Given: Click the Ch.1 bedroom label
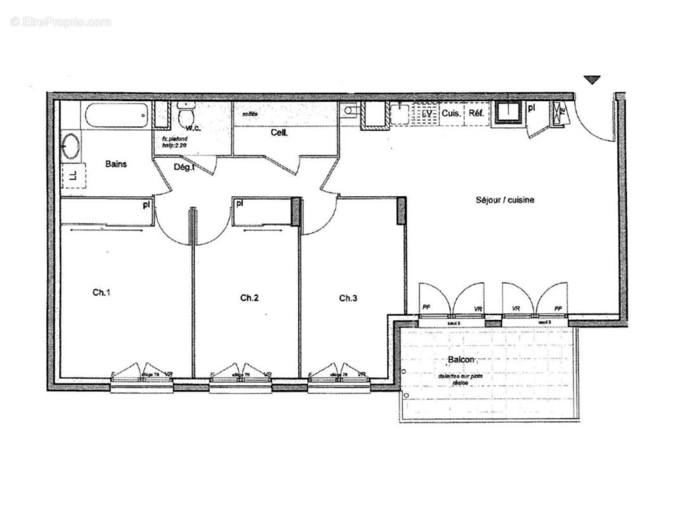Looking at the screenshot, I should point(102,293).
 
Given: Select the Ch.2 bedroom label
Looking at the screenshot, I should point(249,297).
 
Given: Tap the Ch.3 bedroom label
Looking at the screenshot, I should point(348,298).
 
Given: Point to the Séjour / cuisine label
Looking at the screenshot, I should point(505,200).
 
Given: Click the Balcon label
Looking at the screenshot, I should point(461,360).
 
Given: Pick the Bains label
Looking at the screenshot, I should point(115,164).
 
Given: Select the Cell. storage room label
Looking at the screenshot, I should point(279,133).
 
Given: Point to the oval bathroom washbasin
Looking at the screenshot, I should point(70,147).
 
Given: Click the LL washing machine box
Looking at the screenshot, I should point(73,175).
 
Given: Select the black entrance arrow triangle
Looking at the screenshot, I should point(592,80).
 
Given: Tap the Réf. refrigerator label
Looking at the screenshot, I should point(477,114).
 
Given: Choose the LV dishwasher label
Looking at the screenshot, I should point(427,114).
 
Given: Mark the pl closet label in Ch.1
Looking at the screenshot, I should point(146,204).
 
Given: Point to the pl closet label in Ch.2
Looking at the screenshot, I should point(240,204).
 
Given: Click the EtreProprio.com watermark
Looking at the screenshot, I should point(60,22).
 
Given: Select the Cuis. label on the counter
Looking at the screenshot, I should point(450,114).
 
